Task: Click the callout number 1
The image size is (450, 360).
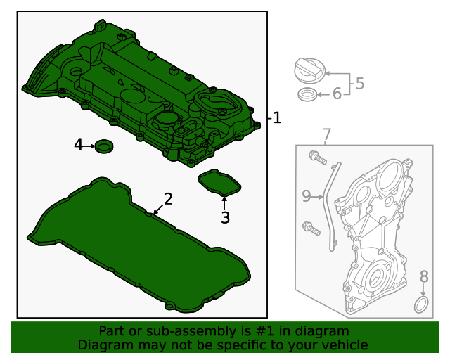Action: pyautogui.click(x=277, y=118)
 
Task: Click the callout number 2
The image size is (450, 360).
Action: pyautogui.click(x=167, y=198)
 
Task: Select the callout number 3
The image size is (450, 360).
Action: pyautogui.click(x=225, y=218)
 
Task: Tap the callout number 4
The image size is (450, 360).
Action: pyautogui.click(x=79, y=145)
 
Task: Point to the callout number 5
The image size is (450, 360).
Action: pyautogui.click(x=359, y=84)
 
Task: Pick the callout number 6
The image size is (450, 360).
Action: pyautogui.click(x=337, y=94)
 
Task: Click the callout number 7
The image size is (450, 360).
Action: pyautogui.click(x=326, y=134)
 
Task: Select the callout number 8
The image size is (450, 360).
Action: pyautogui.click(x=424, y=276)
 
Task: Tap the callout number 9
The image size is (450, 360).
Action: pyautogui.click(x=307, y=196)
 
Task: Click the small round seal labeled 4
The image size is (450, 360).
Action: pyautogui.click(x=105, y=146)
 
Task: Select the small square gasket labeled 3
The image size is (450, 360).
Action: pyautogui.click(x=219, y=183)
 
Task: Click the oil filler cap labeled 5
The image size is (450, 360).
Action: pyautogui.click(x=309, y=71)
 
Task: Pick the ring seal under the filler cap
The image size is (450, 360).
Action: pyautogui.click(x=307, y=94)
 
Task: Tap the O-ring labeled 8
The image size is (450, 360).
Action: pyautogui.click(x=421, y=305)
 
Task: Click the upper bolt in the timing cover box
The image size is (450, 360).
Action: pyautogui.click(x=317, y=158)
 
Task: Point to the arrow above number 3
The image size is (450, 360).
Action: pyautogui.click(x=225, y=203)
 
